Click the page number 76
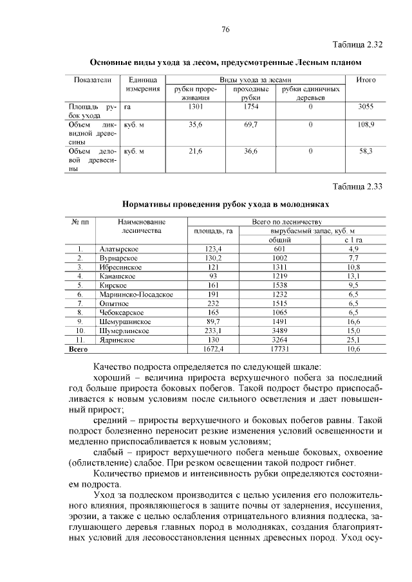[225, 30]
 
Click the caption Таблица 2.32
[358, 45]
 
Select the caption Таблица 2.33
[358, 187]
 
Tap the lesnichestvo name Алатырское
[119, 249]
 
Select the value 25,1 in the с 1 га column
[353, 340]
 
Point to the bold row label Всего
[78, 349]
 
